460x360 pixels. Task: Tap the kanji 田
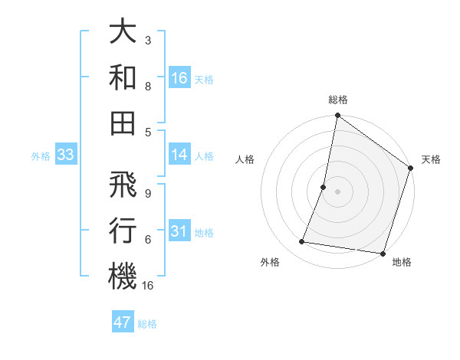coord(123,123)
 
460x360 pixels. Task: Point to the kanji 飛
coord(123,185)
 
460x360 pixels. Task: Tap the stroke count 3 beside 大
coord(147,40)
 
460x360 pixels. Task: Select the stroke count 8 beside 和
coord(147,87)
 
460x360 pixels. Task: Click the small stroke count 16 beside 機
coord(149,286)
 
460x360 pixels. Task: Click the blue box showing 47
coord(123,322)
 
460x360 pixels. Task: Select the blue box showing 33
coord(65,155)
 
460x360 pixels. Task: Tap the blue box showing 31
coord(179,231)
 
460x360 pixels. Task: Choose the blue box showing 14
coord(179,155)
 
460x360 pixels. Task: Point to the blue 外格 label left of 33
coord(41,156)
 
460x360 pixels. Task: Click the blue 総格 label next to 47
coord(147,324)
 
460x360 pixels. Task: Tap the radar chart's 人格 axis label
coord(245,160)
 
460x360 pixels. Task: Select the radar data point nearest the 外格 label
coord(302,242)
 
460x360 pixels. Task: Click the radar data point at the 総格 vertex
coord(337,116)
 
